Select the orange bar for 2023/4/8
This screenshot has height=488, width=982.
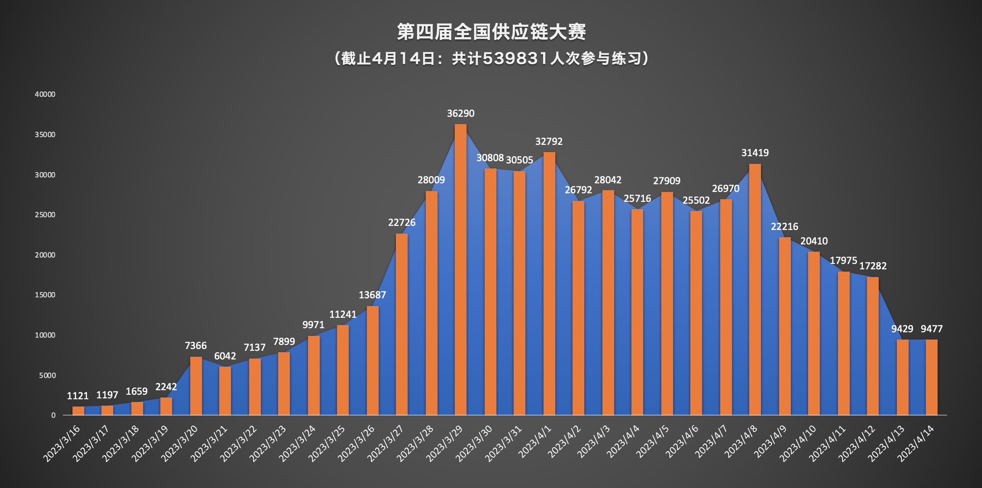pos(755,290)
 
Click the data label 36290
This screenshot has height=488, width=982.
pos(461,114)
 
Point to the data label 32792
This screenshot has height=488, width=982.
pos(549,142)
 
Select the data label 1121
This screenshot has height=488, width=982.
pos(78,396)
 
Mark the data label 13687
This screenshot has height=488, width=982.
pos(372,295)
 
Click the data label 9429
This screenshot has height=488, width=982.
pos(902,329)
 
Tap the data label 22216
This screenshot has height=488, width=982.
pos(785,227)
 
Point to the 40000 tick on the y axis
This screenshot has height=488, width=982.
pos(45,95)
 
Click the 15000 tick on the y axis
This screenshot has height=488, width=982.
pos(45,295)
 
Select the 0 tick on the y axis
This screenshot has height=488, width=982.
pos(53,415)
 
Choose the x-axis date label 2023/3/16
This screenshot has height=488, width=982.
pos(62,444)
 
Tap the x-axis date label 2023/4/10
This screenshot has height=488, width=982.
pos(798,444)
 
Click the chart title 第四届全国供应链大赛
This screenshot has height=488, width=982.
pos(491,32)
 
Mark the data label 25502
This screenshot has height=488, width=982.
pos(696,201)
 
